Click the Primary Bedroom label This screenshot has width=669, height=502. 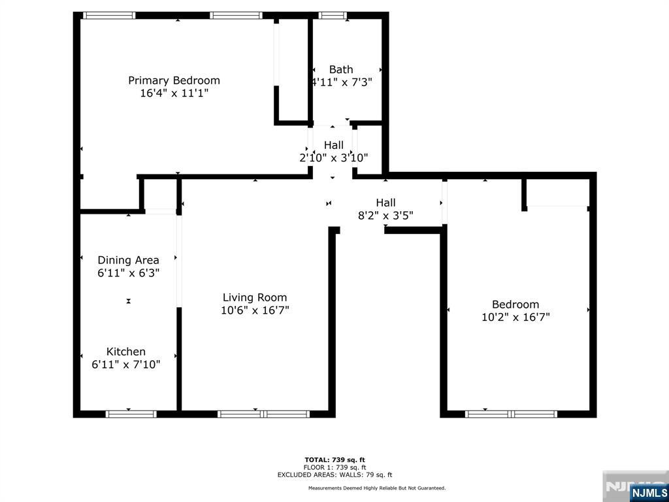pos(174,80)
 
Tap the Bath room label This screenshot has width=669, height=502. pos(341,69)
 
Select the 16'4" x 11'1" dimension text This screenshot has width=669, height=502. pos(174,93)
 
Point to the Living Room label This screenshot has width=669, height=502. pos(255,297)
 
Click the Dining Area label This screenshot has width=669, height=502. pos(128,260)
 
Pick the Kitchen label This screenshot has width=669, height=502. pos(126,352)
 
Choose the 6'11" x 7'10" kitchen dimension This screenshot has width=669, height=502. pos(126,365)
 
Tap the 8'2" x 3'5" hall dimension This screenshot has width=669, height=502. pos(385,216)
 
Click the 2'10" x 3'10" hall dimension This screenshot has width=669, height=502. pos(334,158)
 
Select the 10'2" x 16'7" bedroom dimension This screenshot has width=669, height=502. pos(515,317)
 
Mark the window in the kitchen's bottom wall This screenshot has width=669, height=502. pos(131,414)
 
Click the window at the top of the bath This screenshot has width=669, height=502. pos(332,15)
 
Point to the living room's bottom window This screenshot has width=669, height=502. pos(263,414)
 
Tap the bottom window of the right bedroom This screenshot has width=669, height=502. pos(511,414)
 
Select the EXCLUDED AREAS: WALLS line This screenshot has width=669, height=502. pos(334,475)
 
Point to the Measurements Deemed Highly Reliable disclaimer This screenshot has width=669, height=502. pos(377,488)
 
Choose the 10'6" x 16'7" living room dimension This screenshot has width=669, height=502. pos(255,310)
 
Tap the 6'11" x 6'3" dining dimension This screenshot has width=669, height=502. pos(128,273)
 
